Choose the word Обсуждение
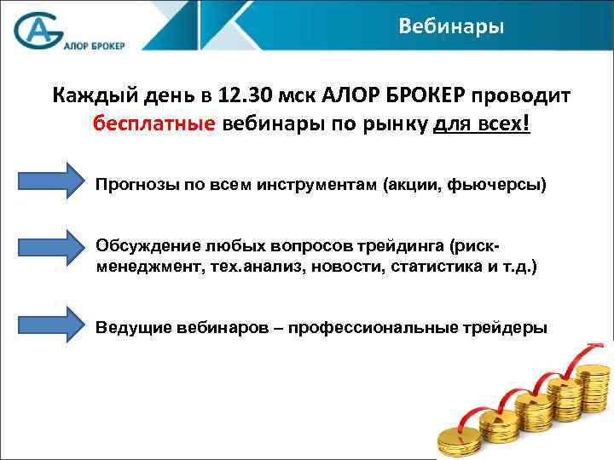pyautogui.click(x=145, y=246)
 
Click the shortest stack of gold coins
pyautogui.click(x=457, y=439)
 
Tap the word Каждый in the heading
pyautogui.click(x=86, y=94)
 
